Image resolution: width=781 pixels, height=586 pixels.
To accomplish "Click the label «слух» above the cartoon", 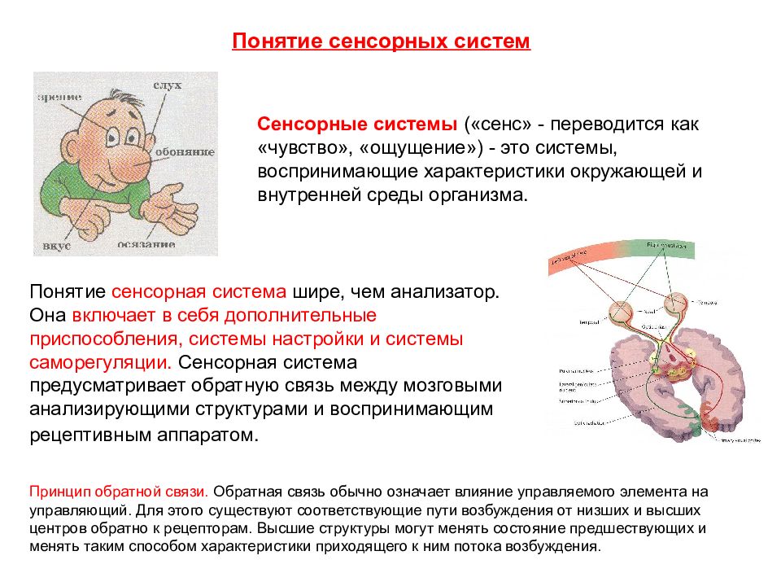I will point(167,85).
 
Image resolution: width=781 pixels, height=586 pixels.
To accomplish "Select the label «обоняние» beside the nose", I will point(192,152).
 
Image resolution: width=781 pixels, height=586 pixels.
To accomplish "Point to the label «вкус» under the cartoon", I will point(58,244).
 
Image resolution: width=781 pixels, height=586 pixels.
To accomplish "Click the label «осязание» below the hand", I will point(146,243).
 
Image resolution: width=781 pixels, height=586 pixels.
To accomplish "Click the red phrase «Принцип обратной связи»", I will point(119,492).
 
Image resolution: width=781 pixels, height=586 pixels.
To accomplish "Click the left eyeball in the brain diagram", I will point(623,311).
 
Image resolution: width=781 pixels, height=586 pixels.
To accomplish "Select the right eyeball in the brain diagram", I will point(678,304).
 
